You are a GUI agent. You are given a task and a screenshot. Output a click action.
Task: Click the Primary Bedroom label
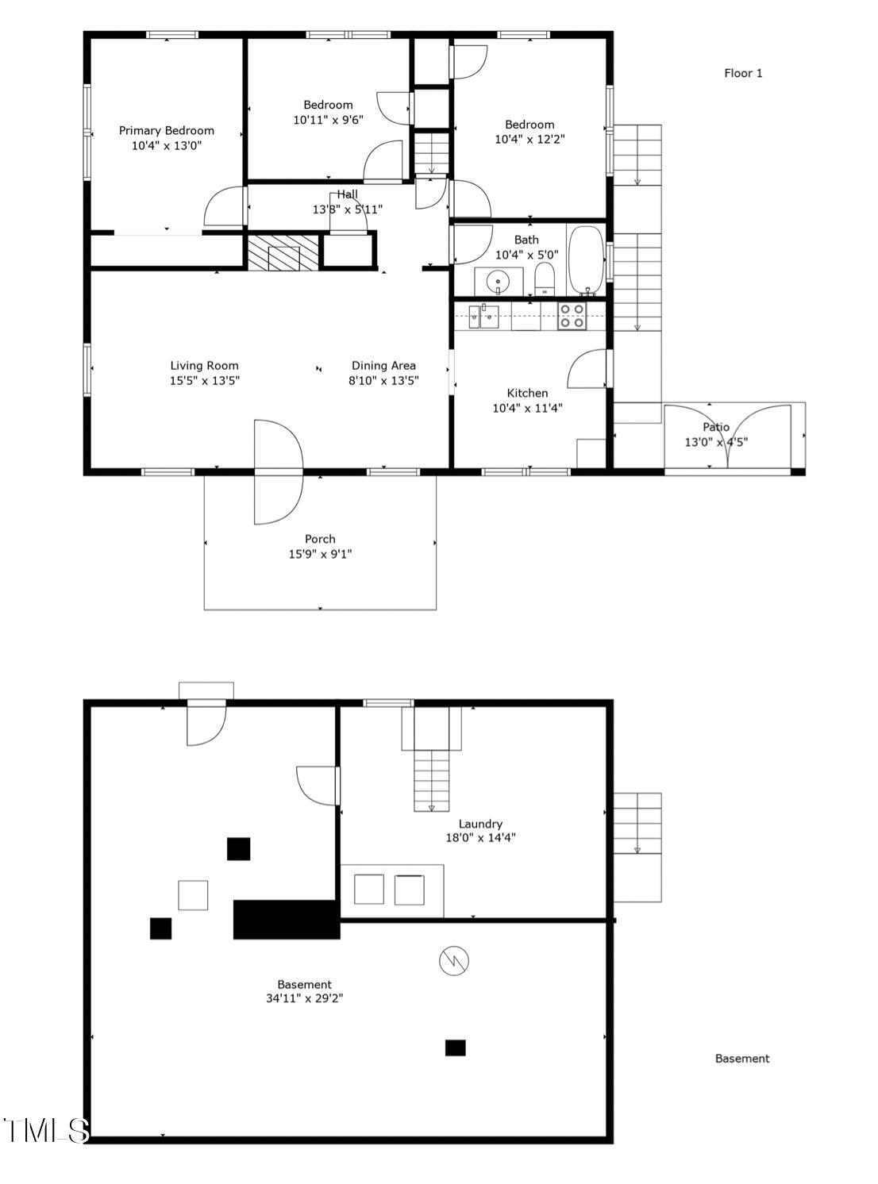(x=167, y=130)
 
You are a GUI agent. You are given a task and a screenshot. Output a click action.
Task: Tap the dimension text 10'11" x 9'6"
(x=328, y=120)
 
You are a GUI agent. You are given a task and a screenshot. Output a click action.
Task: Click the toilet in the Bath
(x=545, y=279)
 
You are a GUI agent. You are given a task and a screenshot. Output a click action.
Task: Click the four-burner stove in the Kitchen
(x=572, y=316)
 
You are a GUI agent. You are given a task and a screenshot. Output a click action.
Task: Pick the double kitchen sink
(x=483, y=316)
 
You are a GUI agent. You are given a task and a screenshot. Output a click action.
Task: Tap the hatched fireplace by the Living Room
(x=283, y=252)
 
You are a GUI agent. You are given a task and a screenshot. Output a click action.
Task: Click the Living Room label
(x=204, y=366)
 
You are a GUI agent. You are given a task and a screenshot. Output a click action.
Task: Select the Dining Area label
(x=383, y=366)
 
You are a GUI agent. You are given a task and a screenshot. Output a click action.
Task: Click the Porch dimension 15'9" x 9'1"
(x=320, y=554)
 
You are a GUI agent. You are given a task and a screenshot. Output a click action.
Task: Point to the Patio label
(x=716, y=427)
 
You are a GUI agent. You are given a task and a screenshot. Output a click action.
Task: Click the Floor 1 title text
(x=743, y=73)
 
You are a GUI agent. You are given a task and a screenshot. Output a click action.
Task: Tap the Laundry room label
(x=480, y=824)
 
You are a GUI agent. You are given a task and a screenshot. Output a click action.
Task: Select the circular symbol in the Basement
(x=454, y=962)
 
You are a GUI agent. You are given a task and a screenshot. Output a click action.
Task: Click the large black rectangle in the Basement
(x=287, y=920)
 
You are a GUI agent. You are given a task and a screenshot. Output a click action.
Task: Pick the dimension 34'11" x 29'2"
(x=304, y=999)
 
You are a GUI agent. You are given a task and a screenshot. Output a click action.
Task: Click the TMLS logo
(x=45, y=1130)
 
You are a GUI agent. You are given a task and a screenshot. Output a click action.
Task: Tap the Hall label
(x=347, y=194)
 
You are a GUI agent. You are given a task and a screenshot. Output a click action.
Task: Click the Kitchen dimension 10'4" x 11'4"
(x=527, y=408)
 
